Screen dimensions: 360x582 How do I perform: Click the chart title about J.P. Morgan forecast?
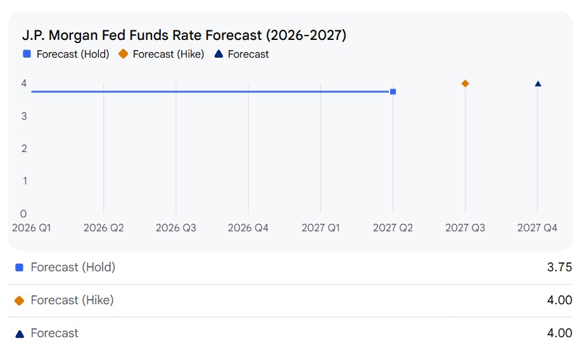click(184, 35)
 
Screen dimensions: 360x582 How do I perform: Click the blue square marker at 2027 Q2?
click(393, 92)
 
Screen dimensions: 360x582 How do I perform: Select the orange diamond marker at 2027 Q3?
click(465, 84)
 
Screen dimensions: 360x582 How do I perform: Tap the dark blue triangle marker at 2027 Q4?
click(538, 84)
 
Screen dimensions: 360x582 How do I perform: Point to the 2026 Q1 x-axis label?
click(32, 228)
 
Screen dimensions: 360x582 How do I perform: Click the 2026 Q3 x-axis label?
click(176, 228)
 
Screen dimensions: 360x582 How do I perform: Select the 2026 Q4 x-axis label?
click(248, 228)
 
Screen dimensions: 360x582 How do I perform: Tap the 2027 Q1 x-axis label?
click(320, 228)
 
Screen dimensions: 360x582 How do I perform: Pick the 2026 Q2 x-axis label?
click(104, 228)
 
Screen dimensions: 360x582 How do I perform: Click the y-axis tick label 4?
click(23, 83)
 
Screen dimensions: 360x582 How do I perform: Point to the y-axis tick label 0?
click(23, 214)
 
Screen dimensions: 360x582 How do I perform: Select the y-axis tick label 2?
click(23, 149)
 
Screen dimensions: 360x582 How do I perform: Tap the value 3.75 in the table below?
click(559, 267)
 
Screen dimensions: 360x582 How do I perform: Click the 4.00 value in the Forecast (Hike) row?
click(559, 300)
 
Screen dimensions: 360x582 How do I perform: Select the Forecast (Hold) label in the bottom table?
click(73, 267)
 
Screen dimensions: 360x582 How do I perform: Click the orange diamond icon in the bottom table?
click(19, 300)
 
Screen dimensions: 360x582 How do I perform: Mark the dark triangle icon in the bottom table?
click(19, 333)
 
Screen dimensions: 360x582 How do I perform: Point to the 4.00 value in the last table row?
click(559, 333)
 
